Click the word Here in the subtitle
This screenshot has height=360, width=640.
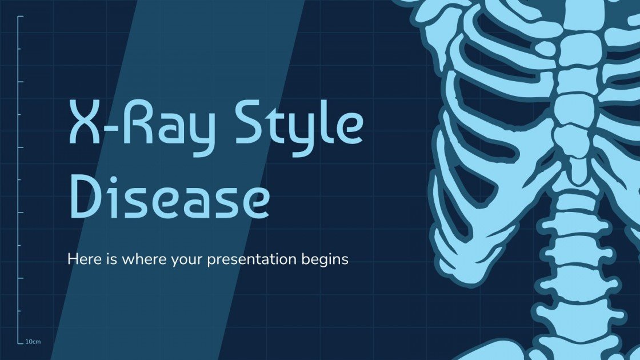(x=83, y=259)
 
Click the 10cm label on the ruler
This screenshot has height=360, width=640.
(x=33, y=342)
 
